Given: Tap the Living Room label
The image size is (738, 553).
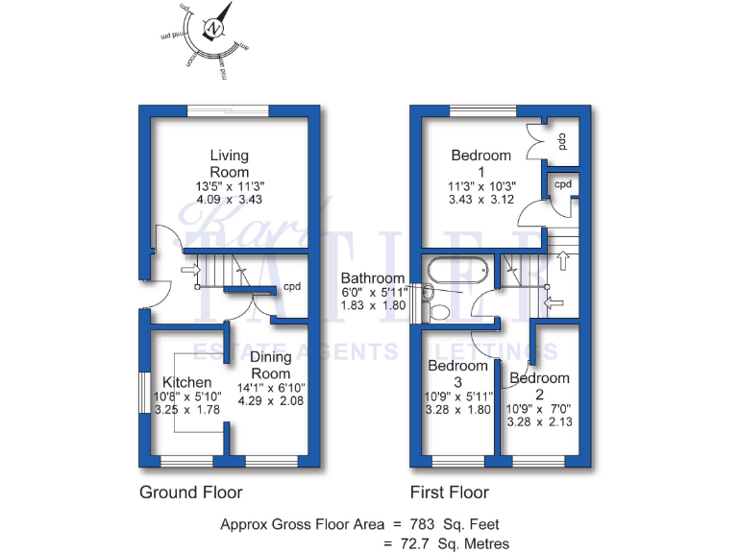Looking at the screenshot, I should click(x=230, y=163).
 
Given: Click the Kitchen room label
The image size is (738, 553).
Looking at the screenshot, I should click(x=186, y=382).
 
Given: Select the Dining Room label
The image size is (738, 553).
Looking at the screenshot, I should click(x=271, y=365).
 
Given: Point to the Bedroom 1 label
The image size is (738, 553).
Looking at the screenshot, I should click(x=481, y=163).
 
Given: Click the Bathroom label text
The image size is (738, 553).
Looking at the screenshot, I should click(x=373, y=278).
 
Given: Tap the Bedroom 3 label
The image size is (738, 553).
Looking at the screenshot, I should click(x=458, y=373).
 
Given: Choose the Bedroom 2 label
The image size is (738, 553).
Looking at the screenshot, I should click(x=539, y=386).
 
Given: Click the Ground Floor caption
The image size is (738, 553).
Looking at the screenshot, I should click(x=191, y=493).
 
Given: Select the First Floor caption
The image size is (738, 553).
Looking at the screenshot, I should click(x=450, y=493).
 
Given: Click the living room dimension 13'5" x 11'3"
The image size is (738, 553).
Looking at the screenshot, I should click(x=230, y=186).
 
